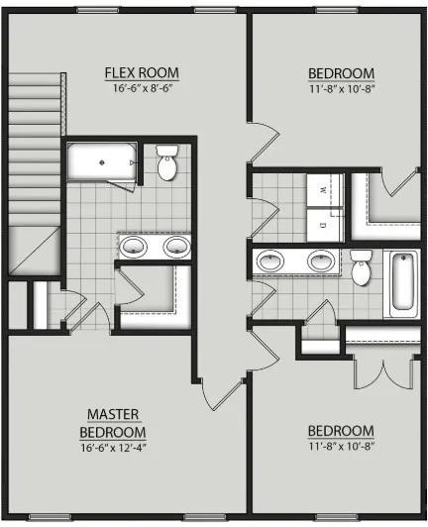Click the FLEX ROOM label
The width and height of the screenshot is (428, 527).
pyautogui.click(x=142, y=72)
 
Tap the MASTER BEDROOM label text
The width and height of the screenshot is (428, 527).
pyautogui.click(x=113, y=423)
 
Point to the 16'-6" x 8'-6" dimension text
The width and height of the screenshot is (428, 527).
pyautogui.click(x=143, y=88)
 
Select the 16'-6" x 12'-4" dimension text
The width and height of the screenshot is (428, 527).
pyautogui.click(x=113, y=448)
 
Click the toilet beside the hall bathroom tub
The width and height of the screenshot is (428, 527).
pyautogui.click(x=361, y=268)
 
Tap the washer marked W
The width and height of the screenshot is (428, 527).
pyautogui.click(x=324, y=190)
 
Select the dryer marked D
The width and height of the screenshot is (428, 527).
pyautogui.click(x=324, y=225)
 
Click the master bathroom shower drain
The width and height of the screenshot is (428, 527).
pyautogui.click(x=101, y=162)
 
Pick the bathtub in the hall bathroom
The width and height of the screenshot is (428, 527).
pyautogui.click(x=402, y=284)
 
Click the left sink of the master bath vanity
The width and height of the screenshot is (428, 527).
pyautogui.click(x=134, y=246)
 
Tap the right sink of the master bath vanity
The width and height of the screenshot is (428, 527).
pyautogui.click(x=176, y=246)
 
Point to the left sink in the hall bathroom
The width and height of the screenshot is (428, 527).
pyautogui.click(x=270, y=261)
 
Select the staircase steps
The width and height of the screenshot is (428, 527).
pyautogui.click(x=35, y=150)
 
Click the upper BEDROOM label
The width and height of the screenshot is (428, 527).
pyautogui.click(x=341, y=73)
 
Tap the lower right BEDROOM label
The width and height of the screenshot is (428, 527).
pyautogui.click(x=341, y=431)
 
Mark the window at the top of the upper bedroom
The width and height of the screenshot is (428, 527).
pyautogui.click(x=337, y=11)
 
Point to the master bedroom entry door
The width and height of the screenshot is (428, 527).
pyautogui.click(x=222, y=393)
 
